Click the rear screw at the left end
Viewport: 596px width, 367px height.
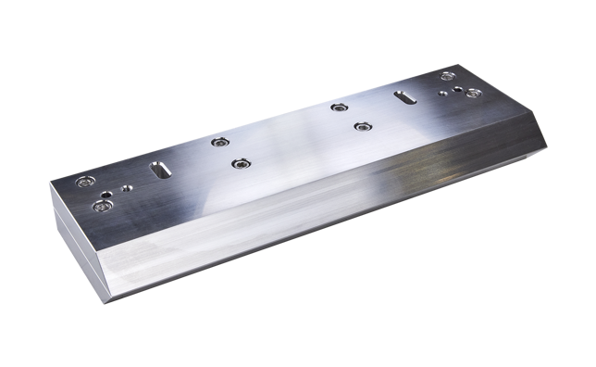coord(86,181)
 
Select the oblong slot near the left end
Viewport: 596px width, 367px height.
coord(157,171)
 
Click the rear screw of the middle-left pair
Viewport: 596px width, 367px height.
coord(219,142)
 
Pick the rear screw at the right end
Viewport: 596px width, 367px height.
coord(449,78)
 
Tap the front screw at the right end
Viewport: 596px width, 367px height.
coord(472,93)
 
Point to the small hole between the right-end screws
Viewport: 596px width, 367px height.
coord(460,88)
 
